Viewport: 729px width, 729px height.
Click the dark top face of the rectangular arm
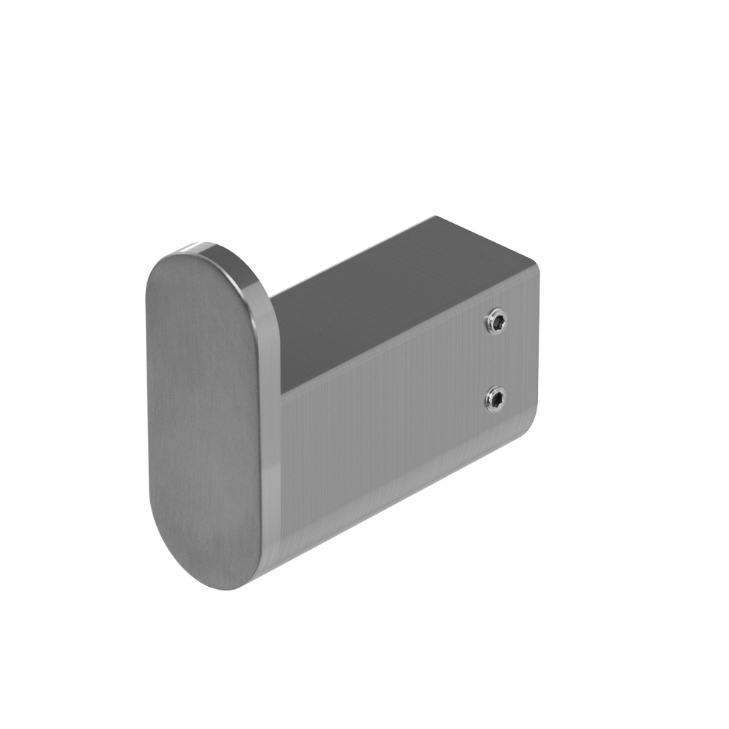click(x=394, y=299)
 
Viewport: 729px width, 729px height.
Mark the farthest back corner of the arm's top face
click(x=436, y=217)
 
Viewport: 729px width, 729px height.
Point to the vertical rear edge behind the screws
click(x=539, y=350)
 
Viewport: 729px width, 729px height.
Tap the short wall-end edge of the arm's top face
click(x=488, y=241)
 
